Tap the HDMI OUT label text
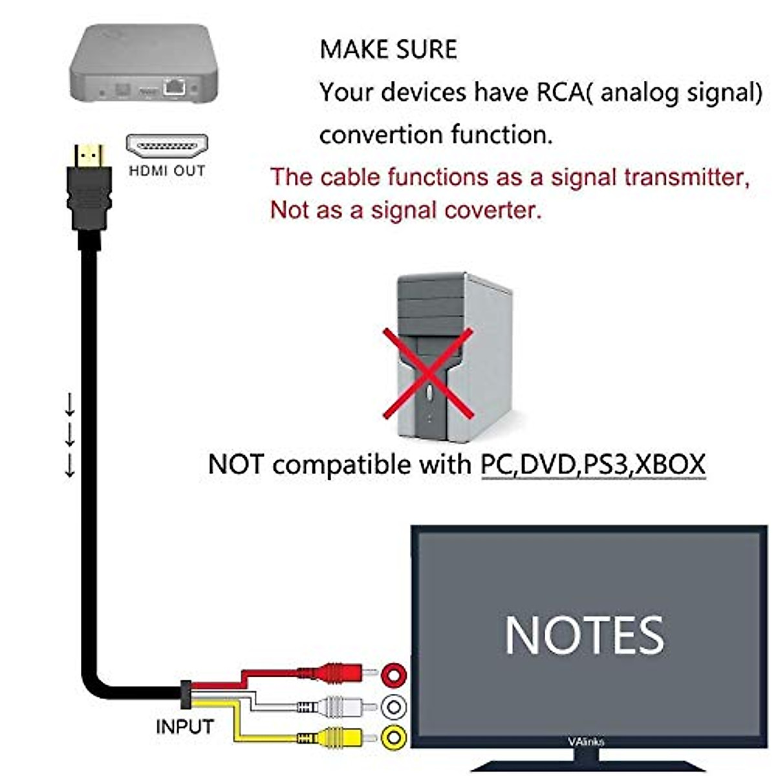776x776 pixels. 167,171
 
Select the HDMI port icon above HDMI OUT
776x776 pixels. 167,147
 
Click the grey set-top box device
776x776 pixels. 143,62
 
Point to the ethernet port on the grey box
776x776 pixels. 175,87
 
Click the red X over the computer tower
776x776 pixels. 427,372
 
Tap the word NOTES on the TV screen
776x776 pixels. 584,635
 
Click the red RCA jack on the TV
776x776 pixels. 394,675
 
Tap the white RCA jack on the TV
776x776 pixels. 394,707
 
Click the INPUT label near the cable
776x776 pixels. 184,727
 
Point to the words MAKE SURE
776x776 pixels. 388,50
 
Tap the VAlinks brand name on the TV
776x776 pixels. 586,742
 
